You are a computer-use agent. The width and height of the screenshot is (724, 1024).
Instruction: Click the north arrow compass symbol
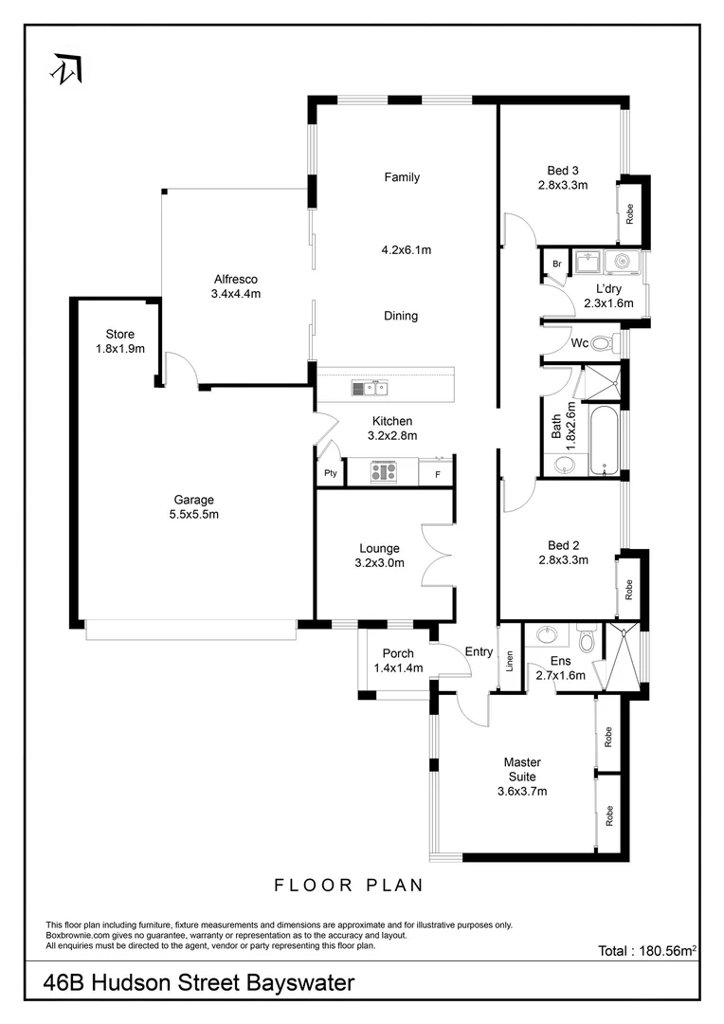[x=66, y=68]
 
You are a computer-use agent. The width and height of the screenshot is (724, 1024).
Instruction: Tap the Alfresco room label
[x=236, y=279]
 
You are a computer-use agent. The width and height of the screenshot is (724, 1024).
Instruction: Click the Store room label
[x=120, y=334]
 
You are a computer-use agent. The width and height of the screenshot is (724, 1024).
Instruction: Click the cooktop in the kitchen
[x=383, y=471]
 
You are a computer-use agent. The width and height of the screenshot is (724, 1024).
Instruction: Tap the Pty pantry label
[x=331, y=473]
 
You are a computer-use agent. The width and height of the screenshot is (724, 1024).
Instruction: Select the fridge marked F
[x=437, y=473]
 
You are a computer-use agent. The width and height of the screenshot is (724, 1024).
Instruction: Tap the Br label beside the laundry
[x=557, y=263]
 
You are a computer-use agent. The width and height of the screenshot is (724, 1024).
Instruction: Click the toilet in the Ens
[x=587, y=640]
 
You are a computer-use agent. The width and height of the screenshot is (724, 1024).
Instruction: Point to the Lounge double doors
[x=437, y=555]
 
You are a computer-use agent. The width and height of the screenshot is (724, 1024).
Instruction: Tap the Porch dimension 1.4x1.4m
[x=397, y=668]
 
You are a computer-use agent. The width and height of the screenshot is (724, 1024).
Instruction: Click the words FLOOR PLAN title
[x=348, y=886]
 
